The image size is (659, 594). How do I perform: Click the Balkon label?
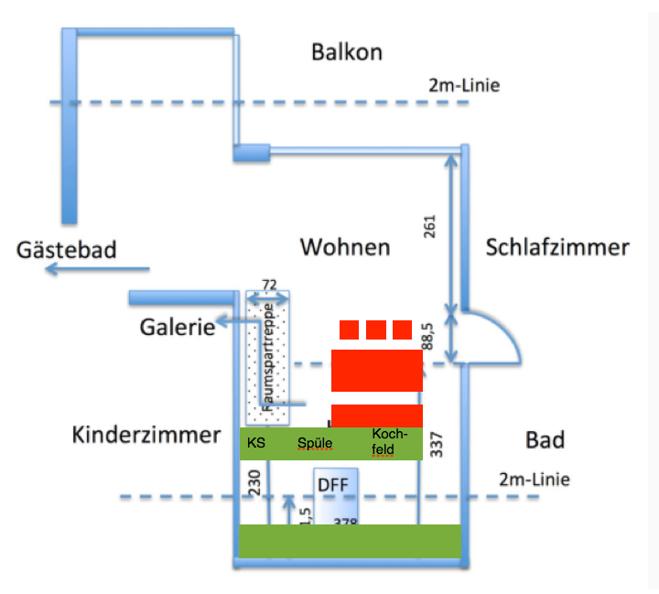[x=346, y=51]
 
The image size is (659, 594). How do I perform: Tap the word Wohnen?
[x=345, y=247]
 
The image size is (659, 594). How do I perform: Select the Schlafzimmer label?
[x=557, y=247]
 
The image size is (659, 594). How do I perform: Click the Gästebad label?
[x=67, y=250]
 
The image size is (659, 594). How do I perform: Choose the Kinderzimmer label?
[x=146, y=434]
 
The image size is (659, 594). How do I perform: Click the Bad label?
[x=545, y=440]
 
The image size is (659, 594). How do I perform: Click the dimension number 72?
[x=268, y=285]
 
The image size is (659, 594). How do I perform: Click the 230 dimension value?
[x=254, y=484]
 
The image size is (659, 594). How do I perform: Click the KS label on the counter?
[x=256, y=444]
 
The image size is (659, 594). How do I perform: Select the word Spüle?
[x=315, y=444]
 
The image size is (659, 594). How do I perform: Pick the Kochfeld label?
[x=384, y=441]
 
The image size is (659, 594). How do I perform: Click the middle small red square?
[x=375, y=329]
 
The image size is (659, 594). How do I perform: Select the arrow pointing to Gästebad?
[x=100, y=269]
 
